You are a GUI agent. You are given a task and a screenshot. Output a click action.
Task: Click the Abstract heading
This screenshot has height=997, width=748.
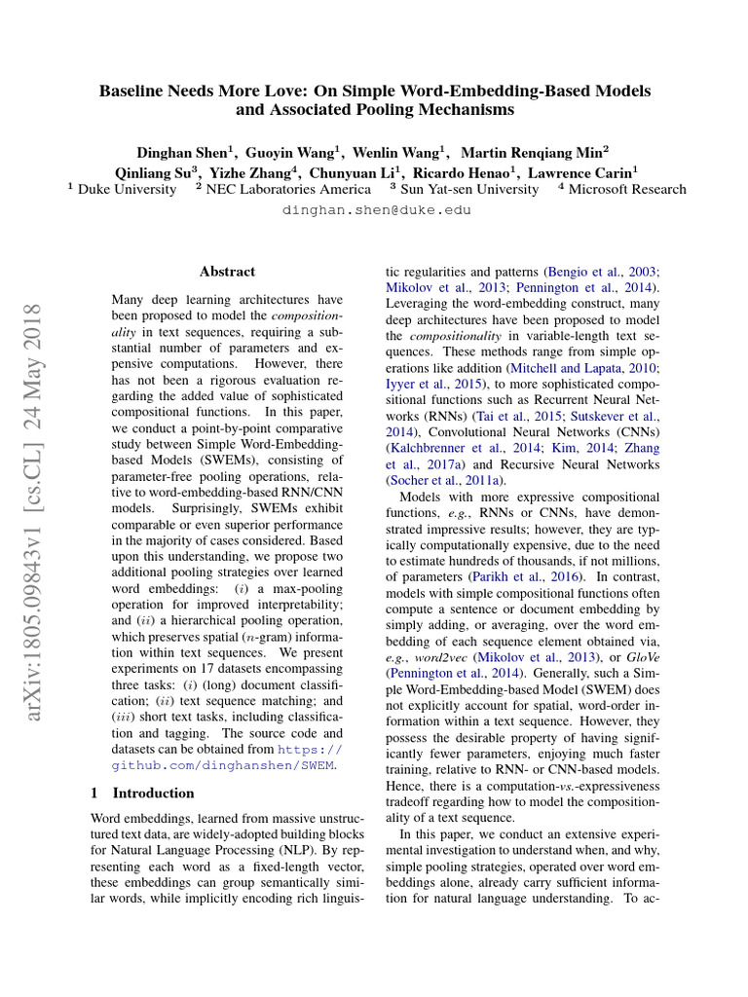[x=227, y=272]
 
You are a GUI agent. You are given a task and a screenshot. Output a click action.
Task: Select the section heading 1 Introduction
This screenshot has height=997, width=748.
[x=141, y=793]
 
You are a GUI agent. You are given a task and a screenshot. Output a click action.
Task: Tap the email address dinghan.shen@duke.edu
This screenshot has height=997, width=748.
[x=375, y=210]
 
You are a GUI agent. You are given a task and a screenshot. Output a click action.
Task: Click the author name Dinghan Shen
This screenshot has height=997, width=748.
[x=182, y=152]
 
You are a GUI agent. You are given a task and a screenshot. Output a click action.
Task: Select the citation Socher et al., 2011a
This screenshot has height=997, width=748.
[x=445, y=480]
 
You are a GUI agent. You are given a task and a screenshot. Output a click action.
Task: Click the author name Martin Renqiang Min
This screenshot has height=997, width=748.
[x=534, y=152]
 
